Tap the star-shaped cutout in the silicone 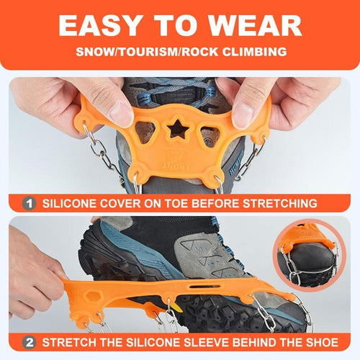click(x=176, y=130)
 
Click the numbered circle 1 click(x=30, y=203)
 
